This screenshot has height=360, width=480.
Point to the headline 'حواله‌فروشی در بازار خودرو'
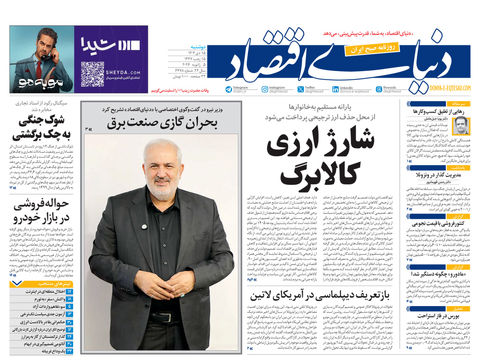click(x=39, y=212)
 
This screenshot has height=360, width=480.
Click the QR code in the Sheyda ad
click(x=92, y=73)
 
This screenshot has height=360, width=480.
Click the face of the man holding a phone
click(x=38, y=43)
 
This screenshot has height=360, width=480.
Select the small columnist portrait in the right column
click(x=461, y=126)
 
